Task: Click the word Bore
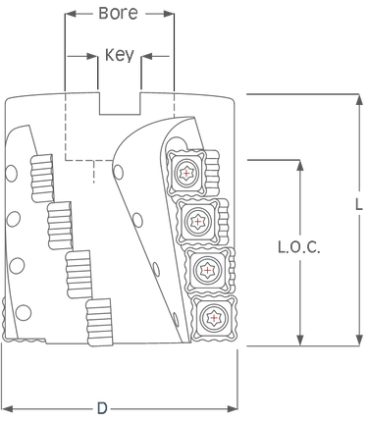120,14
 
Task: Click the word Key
118,55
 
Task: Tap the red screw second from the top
200,224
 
